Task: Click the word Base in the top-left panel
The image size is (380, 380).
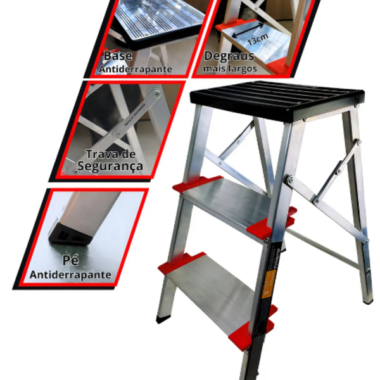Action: (118, 56)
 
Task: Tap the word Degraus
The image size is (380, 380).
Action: (229, 56)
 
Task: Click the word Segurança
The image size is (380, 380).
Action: (110, 167)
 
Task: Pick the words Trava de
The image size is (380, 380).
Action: (111, 154)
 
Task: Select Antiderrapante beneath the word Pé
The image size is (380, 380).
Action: (71, 275)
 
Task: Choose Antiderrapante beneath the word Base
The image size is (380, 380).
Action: (134, 68)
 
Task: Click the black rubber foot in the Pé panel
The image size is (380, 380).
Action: (70, 232)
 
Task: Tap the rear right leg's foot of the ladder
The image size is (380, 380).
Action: (368, 300)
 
